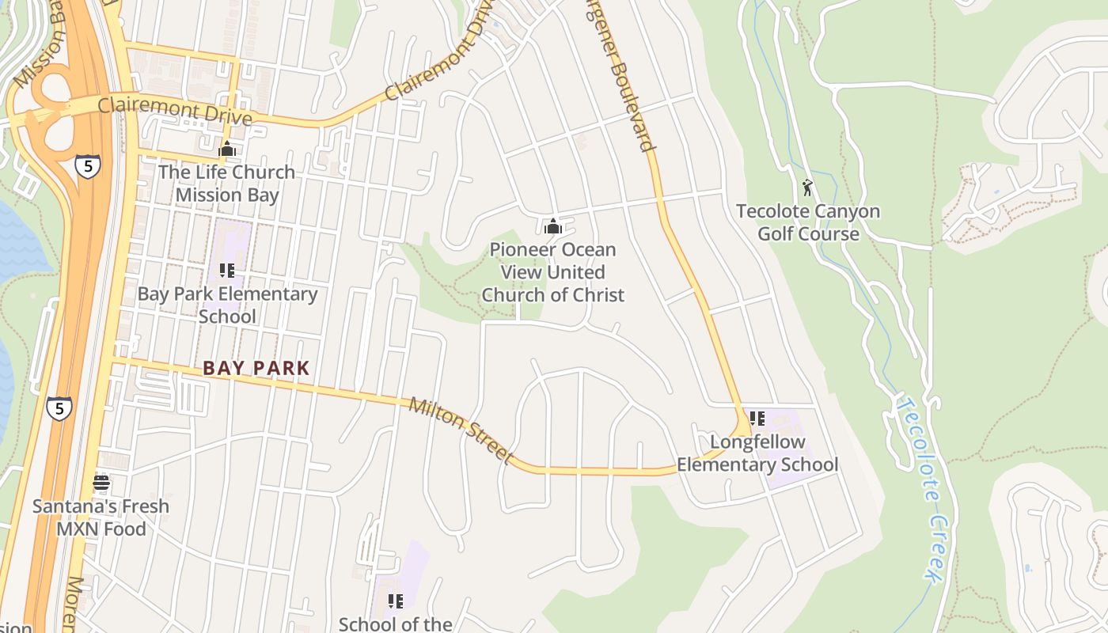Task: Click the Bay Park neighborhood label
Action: (256, 368)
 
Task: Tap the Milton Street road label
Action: (461, 430)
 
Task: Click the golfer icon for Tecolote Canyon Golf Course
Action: (807, 188)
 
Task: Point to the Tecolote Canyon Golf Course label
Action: (808, 222)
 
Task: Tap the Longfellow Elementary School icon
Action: (757, 419)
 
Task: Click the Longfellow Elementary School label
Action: (757, 453)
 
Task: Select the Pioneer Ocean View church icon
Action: (553, 227)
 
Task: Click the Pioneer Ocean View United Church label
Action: (553, 272)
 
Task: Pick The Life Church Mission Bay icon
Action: (227, 149)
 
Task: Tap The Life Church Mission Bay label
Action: (227, 184)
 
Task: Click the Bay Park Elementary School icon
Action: (227, 271)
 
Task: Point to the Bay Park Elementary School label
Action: (227, 305)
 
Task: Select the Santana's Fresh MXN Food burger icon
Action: (101, 482)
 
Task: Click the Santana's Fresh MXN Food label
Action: (101, 517)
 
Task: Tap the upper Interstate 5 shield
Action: (88, 167)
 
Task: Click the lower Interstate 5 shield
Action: (59, 408)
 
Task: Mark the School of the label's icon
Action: (396, 601)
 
